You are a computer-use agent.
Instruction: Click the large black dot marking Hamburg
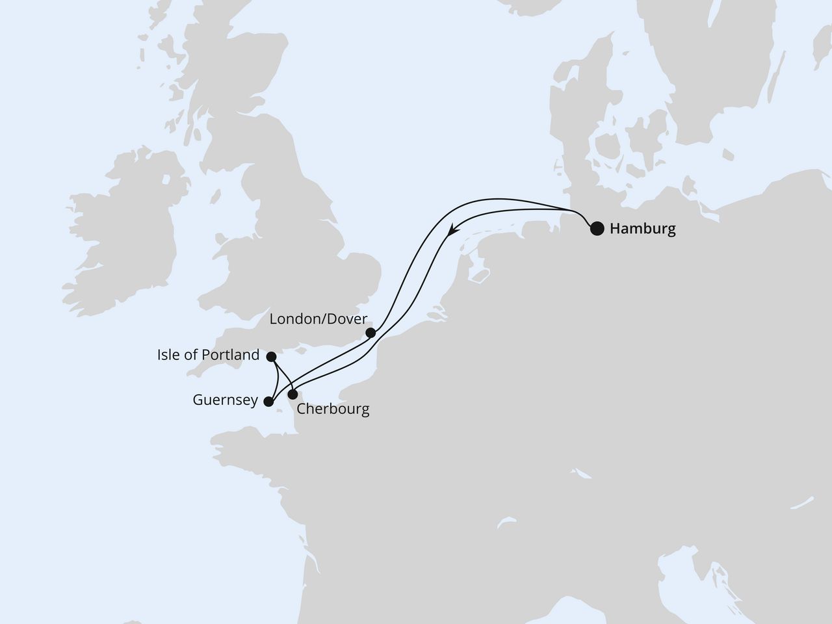pyautogui.click(x=596, y=228)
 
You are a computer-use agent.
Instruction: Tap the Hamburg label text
pyautogui.click(x=642, y=229)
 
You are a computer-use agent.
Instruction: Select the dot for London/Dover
pyautogui.click(x=370, y=333)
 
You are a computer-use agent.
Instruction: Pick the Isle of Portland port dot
pyautogui.click(x=272, y=356)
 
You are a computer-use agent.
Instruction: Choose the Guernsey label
pyautogui.click(x=225, y=400)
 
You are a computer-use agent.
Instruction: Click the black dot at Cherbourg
pyautogui.click(x=293, y=395)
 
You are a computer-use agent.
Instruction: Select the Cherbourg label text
pyautogui.click(x=332, y=409)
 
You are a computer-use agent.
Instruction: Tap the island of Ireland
pyautogui.click(x=123, y=221)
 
